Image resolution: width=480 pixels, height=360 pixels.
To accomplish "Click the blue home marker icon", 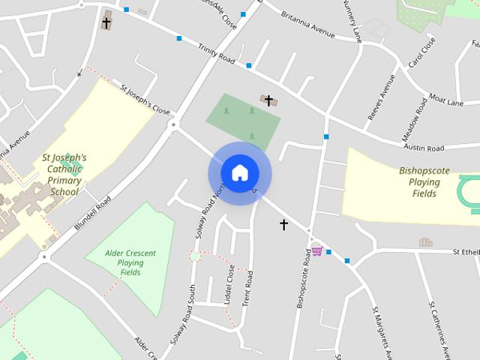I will point(239,173).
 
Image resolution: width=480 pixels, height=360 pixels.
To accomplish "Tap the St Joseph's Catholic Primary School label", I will point(64,175).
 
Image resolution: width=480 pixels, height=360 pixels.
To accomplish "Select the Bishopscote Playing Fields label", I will point(424,182).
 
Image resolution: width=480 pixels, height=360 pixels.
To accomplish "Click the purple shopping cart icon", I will point(317,250).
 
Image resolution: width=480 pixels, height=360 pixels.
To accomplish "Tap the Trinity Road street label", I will point(217,55).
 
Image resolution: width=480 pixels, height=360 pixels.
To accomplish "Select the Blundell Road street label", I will point(93,214).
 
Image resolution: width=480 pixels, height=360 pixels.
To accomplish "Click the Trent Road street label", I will point(247,288).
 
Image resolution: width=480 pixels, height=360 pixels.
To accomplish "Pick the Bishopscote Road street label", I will point(303,279).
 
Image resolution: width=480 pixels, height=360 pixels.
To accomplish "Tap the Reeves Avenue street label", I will point(381,97).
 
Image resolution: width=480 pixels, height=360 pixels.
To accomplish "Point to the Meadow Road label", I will point(414,120).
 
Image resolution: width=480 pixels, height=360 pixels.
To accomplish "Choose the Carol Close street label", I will point(421,53).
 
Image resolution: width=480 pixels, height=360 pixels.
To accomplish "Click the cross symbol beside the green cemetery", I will point(268,100).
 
